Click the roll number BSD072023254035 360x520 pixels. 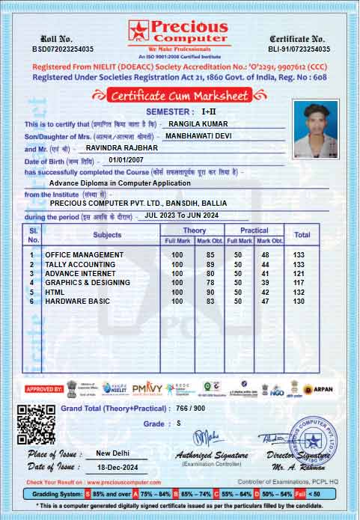click(x=63, y=49)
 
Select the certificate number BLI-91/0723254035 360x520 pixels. click(x=298, y=49)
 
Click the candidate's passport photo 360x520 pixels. click(x=316, y=128)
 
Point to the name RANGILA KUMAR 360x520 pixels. click(x=198, y=123)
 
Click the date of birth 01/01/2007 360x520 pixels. click(x=124, y=160)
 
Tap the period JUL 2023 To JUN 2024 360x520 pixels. click(x=182, y=215)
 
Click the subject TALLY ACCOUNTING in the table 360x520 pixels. click(x=80, y=264)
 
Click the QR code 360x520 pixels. click(x=36, y=423)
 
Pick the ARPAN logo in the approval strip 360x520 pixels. click(x=317, y=389)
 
